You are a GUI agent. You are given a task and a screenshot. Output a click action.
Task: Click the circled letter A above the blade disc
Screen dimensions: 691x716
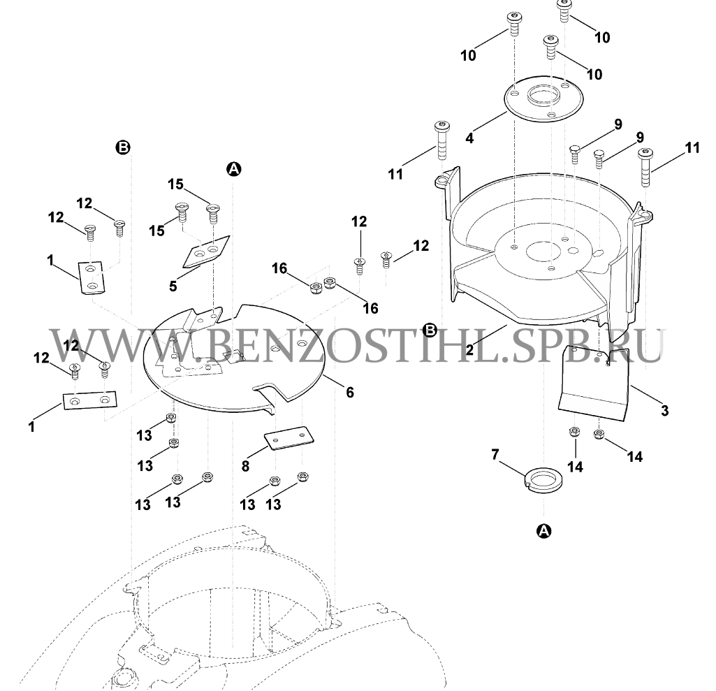click(x=233, y=168)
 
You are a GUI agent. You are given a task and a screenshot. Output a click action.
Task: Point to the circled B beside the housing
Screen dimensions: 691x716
click(x=431, y=329)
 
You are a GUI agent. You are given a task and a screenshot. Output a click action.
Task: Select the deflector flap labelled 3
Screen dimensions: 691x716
click(x=594, y=384)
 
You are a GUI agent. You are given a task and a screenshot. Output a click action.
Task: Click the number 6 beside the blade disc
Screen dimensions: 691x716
click(x=350, y=393)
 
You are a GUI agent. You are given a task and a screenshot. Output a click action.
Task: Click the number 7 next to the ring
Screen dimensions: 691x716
click(x=496, y=455)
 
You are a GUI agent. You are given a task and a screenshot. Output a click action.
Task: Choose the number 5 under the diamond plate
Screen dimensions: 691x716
click(x=173, y=286)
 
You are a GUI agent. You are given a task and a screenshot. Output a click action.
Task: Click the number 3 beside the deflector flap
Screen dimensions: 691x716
click(x=664, y=410)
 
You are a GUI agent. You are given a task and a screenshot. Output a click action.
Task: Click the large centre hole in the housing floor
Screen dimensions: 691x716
click(x=539, y=250)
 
